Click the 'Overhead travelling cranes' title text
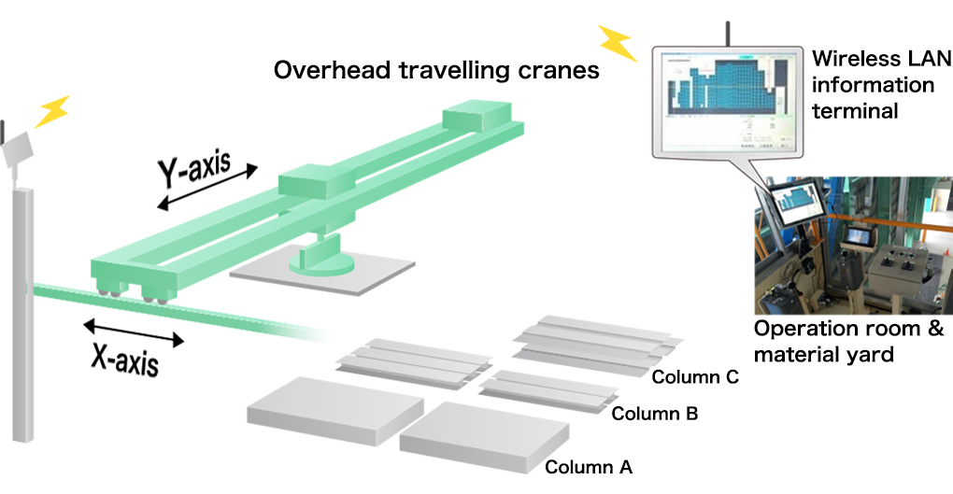click(x=436, y=71)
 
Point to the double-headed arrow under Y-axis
click(x=207, y=188)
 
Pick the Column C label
click(x=695, y=377)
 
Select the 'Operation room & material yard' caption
click(x=848, y=342)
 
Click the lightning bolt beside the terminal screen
click(x=617, y=42)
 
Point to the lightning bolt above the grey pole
click(x=51, y=111)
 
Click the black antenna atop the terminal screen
click(x=724, y=34)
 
